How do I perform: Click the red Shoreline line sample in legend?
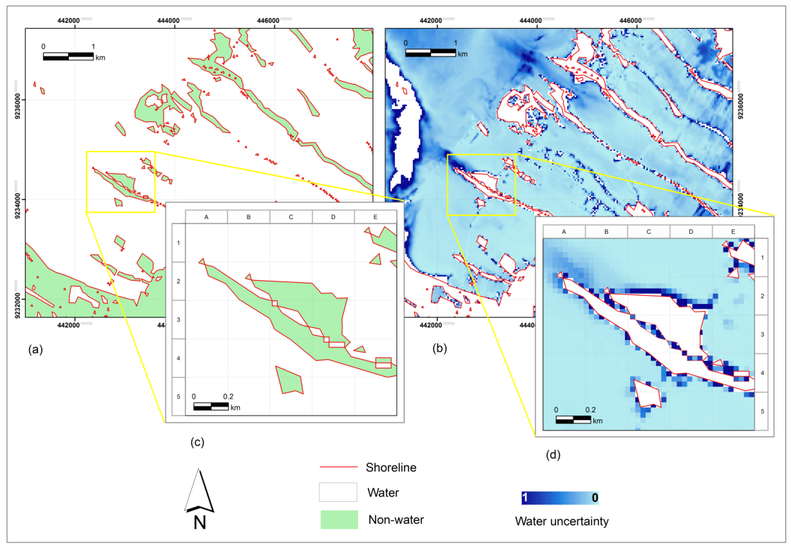338,467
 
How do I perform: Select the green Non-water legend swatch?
339,519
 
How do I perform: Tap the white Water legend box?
338,492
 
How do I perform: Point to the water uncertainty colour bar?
560,498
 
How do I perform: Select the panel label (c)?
197,442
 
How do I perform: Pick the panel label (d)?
553,455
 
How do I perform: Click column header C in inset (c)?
291,217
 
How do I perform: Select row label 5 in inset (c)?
179,396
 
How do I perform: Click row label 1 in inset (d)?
762,258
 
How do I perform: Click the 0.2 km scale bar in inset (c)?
211,406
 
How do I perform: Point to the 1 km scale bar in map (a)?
68,56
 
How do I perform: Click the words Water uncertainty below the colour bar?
561,521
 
